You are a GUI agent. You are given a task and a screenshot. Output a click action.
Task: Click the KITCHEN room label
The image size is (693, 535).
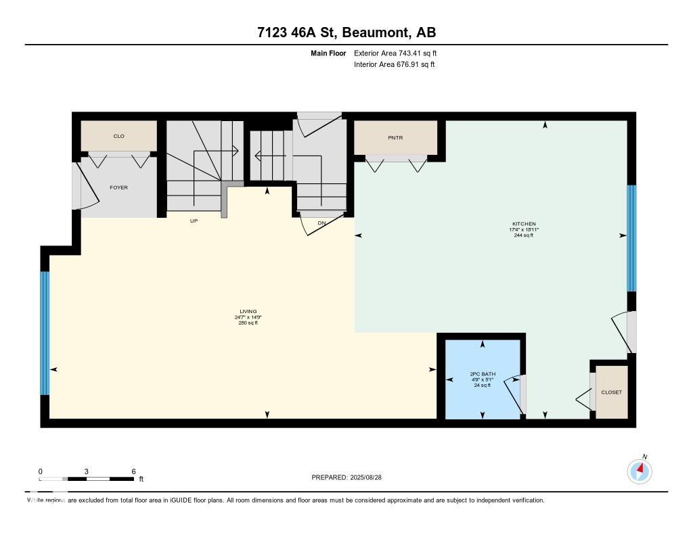coord(524,224)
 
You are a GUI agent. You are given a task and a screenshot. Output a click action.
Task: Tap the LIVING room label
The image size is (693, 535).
coord(248,312)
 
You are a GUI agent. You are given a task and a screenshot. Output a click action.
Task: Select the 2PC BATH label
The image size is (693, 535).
coord(483,374)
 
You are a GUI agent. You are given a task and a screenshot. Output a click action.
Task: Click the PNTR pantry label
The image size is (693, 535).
coord(395,137)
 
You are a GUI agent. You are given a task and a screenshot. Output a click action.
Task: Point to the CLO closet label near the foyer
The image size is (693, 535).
coord(118,136)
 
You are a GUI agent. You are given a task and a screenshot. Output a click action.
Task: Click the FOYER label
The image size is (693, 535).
coord(118,187)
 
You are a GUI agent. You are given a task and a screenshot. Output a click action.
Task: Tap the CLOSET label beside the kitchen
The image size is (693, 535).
coord(612,392)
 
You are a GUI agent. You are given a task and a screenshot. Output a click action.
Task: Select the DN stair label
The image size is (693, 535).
coord(321,222)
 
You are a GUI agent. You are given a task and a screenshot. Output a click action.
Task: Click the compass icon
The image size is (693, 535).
coord(640,471)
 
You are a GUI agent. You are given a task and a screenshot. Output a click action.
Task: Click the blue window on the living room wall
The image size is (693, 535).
coord(45,333)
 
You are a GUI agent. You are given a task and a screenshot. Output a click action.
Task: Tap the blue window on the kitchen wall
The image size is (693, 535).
coord(631,238)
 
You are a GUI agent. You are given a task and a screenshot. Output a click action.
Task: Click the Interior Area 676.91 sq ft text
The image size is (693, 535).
coord(394,65)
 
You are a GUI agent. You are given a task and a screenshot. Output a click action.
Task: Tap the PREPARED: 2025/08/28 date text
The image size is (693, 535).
coord(347,478)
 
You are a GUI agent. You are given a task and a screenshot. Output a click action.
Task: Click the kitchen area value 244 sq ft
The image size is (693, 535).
coord(524,235)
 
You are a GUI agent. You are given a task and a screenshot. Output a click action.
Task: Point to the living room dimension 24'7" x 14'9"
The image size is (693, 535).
coord(248,317)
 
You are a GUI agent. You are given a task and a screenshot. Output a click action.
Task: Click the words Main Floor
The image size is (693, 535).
coord(328,53)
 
